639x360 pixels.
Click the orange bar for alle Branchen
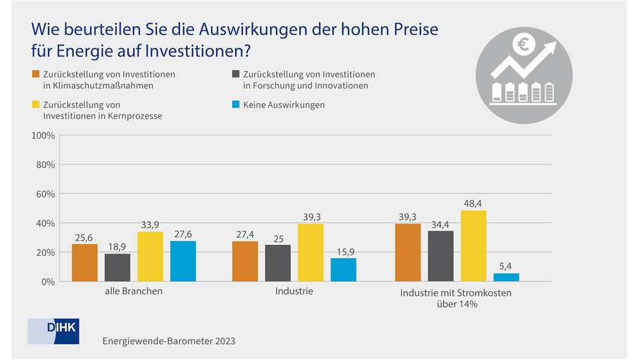84,263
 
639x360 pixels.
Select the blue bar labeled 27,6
183,261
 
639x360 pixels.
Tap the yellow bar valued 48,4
473,246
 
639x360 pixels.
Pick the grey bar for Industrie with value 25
278,263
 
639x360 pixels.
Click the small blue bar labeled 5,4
506,278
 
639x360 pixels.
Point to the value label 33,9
150,224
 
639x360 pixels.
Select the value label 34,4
441,224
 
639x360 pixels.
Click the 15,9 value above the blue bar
343,251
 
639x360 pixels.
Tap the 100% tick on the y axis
43,136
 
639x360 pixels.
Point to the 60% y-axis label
45,194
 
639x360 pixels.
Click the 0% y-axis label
47,281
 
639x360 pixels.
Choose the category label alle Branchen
134,292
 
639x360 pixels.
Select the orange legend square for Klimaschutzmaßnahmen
36,74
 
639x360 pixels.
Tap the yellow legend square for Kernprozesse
36,104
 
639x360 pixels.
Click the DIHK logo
54,330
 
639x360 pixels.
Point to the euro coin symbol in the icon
523,45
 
